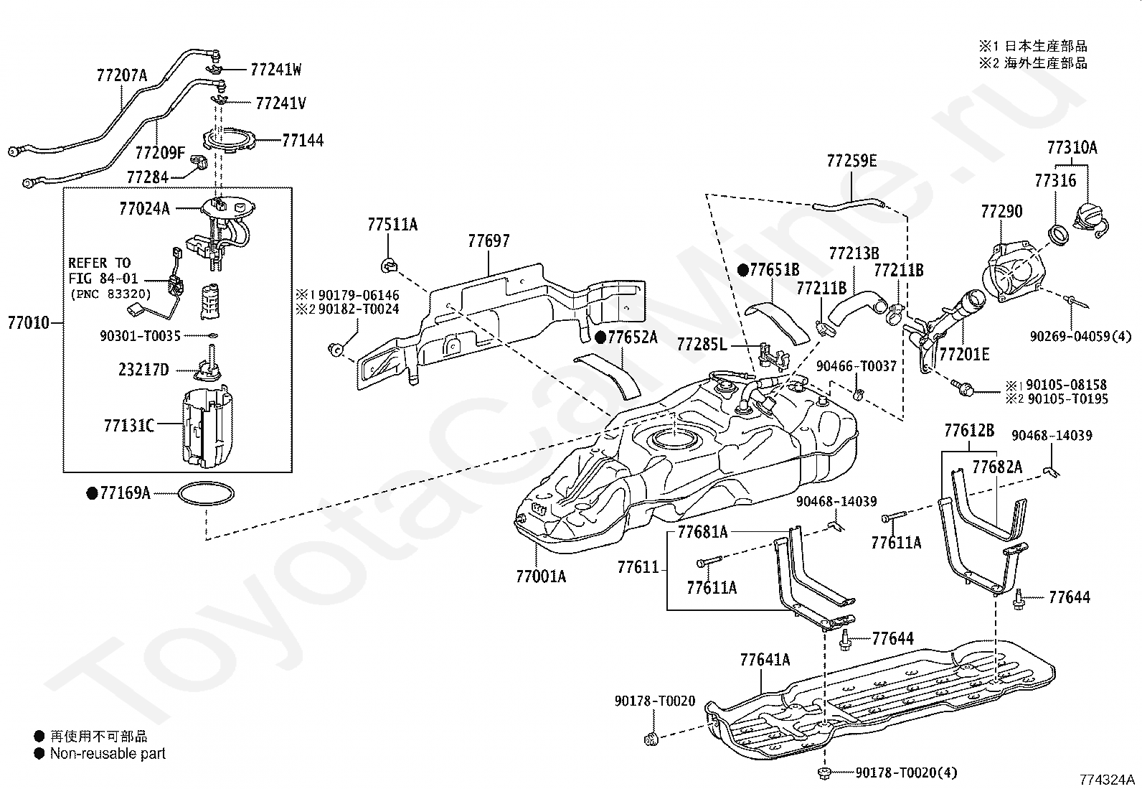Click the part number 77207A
coord(121,75)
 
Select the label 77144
coord(302,140)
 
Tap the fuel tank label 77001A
coord(540,576)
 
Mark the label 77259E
coord(851,161)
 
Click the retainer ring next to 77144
coord(228,141)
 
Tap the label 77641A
coord(765,659)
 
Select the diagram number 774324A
coord(1107,779)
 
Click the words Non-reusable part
coord(108,754)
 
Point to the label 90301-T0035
coord(140,335)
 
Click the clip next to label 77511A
coord(387,265)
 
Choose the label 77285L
coord(702,345)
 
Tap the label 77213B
coord(854,253)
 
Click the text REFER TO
coord(100,263)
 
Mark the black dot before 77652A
coord(601,337)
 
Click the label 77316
coord(1055,180)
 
